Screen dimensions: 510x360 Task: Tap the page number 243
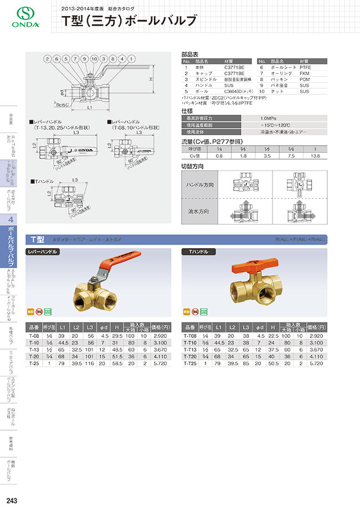pos(12,501)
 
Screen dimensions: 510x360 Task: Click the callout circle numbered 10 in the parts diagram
pos(95,58)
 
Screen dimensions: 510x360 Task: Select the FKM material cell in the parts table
pos(305,73)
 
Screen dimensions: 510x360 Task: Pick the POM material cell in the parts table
pos(305,80)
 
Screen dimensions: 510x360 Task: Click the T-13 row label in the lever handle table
pos(34,350)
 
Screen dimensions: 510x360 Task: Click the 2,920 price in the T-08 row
pos(160,336)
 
